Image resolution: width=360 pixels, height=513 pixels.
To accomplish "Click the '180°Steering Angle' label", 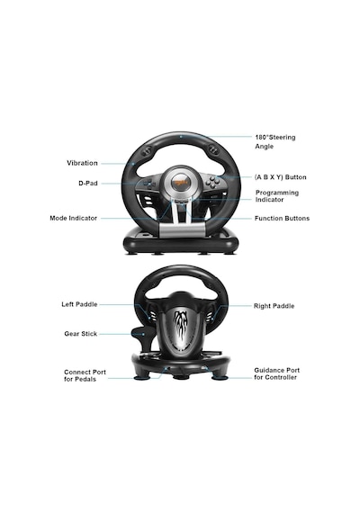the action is (275, 141).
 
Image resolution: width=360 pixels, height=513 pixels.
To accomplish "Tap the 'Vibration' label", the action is (82, 163).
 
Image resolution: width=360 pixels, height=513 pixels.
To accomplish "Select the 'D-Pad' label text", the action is (88, 184).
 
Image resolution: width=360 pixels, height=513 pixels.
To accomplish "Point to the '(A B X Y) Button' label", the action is (281, 177).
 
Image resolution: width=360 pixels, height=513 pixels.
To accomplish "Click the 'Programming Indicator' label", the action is (277, 196).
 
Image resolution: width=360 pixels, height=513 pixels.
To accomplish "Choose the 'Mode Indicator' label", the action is (73, 218).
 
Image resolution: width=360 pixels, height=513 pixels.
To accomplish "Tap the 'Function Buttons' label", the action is (282, 218).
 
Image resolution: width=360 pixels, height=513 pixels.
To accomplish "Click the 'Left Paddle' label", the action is (79, 304).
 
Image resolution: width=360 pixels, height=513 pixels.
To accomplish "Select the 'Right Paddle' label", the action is (274, 306).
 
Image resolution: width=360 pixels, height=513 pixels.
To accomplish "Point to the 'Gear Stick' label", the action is (80, 334).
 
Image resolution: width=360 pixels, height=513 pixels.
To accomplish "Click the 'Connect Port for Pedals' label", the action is (85, 375).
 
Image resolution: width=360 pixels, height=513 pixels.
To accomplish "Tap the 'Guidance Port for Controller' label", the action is (276, 373).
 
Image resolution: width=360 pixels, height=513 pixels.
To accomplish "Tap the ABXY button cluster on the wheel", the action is (213, 182).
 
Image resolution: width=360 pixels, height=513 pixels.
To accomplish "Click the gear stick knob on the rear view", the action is (141, 333).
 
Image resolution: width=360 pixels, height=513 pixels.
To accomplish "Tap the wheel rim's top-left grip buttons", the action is (148, 150).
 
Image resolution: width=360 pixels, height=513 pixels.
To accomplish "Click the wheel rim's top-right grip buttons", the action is (214, 150).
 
